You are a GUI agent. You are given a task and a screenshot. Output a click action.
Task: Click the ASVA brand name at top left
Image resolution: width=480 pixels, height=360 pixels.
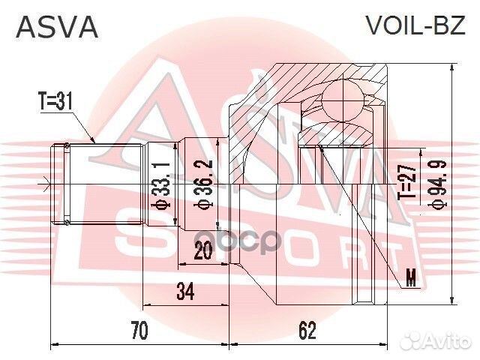point(57,27)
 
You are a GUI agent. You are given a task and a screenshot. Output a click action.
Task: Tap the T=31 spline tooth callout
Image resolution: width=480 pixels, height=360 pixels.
point(55,101)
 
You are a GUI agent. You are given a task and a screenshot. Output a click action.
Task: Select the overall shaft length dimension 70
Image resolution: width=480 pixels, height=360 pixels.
point(139,329)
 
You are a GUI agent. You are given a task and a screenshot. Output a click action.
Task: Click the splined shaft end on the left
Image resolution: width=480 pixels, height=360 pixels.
point(63,184)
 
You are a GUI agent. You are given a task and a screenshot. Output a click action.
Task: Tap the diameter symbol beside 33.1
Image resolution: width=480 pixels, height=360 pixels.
point(159,208)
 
